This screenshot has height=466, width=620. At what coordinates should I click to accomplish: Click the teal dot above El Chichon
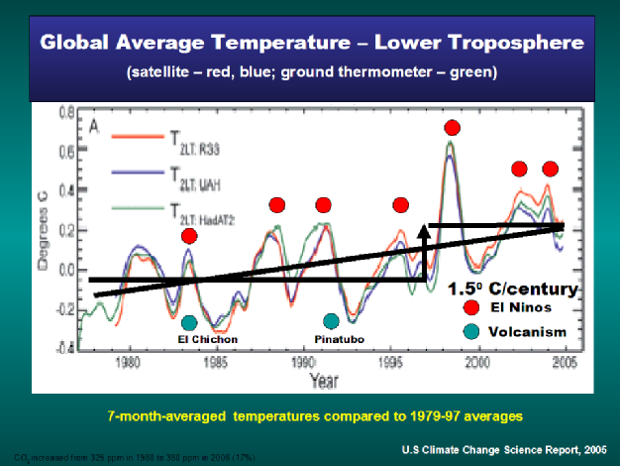(189, 322)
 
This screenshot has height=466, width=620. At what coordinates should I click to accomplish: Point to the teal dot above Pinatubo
(331, 321)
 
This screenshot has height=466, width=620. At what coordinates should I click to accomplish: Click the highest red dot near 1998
(453, 127)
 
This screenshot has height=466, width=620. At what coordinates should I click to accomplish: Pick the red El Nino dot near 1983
(189, 235)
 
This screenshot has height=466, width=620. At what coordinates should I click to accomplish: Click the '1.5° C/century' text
(512, 290)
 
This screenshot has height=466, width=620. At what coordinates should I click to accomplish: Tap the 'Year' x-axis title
(322, 380)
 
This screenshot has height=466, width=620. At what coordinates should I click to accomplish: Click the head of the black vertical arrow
(427, 229)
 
